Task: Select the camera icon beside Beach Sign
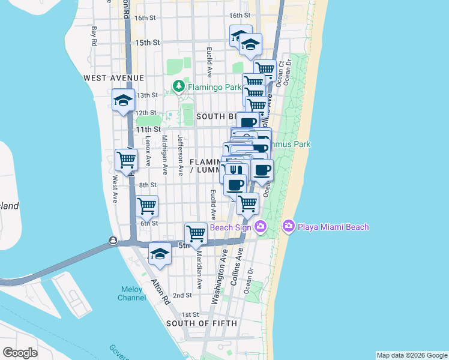pos(261,226)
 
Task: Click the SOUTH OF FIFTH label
pos(202,323)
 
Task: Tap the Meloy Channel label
pos(131,293)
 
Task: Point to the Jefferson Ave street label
pos(180,155)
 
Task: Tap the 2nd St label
pos(182,295)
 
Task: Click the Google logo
pos(20,353)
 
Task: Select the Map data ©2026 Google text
pos(411,355)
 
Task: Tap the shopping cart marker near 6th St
pos(147,206)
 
